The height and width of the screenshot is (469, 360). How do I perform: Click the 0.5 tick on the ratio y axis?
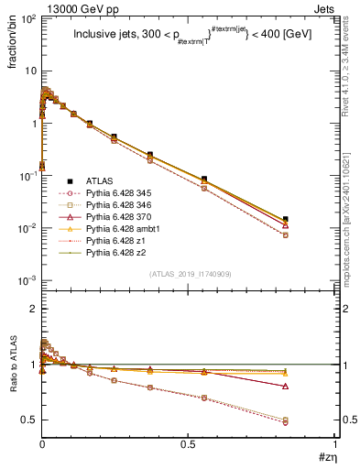pyautogui.click(x=28, y=420)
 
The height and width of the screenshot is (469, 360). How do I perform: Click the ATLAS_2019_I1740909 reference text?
pyautogui.click(x=188, y=274)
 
